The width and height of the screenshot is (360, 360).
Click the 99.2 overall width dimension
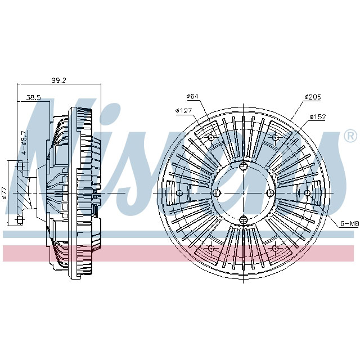pos(59,80)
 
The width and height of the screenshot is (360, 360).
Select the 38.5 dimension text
pos(34,97)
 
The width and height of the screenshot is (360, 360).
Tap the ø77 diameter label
pos(4,193)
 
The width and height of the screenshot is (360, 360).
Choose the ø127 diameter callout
pos(184,110)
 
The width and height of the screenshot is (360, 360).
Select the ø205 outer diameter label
pos(312,97)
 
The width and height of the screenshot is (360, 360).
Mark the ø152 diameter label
pos(317,116)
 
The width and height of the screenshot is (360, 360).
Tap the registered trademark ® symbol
pos(349,136)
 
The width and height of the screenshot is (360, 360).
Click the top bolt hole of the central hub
pos(243,165)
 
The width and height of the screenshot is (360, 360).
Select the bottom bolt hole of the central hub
pos(243,219)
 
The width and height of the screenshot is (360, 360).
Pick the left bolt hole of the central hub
pos(216,192)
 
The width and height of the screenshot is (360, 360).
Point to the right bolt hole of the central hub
pos(270,192)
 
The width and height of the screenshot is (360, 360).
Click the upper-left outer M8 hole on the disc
pos(211,138)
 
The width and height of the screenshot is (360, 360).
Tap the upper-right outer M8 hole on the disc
pos(275,138)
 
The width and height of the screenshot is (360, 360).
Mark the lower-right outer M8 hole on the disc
pos(275,247)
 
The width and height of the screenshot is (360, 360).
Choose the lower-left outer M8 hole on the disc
pos(211,247)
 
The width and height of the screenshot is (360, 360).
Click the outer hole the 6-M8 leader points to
pos(307,193)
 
